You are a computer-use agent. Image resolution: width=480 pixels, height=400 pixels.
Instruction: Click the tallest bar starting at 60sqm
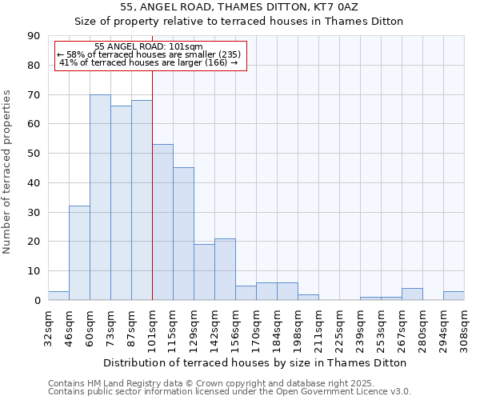click(x=100, y=198)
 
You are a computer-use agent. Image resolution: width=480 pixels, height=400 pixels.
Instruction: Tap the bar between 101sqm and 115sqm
click(x=162, y=222)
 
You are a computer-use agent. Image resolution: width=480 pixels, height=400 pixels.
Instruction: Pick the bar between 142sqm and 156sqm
click(x=225, y=270)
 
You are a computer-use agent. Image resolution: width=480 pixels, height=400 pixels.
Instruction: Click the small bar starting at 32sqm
click(x=58, y=296)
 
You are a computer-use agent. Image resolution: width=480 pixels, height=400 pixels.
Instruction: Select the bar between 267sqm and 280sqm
click(x=412, y=294)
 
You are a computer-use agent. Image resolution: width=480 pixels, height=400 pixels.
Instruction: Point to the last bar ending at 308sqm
click(x=454, y=296)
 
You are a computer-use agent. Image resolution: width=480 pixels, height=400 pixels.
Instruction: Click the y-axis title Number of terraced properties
click(x=7, y=171)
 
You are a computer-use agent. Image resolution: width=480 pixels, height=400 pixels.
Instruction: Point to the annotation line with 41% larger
click(x=148, y=62)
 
